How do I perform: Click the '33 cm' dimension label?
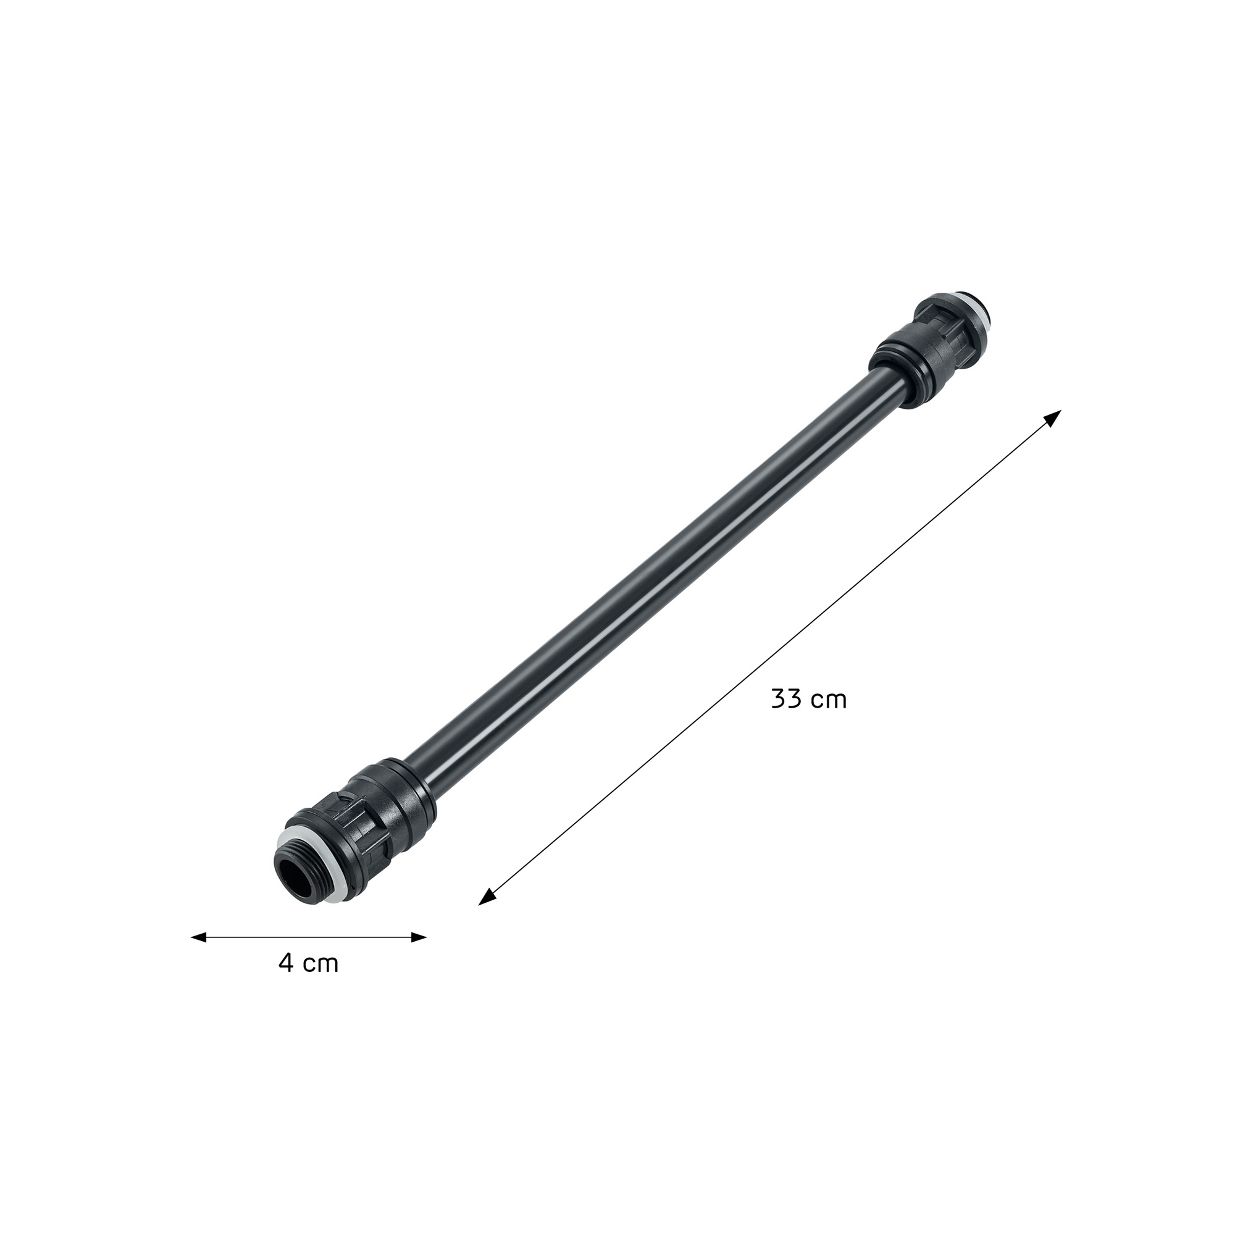(x=809, y=700)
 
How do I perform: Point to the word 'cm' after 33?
(x=829, y=702)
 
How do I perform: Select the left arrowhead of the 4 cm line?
(x=199, y=937)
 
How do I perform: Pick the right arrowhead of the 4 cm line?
(x=419, y=937)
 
